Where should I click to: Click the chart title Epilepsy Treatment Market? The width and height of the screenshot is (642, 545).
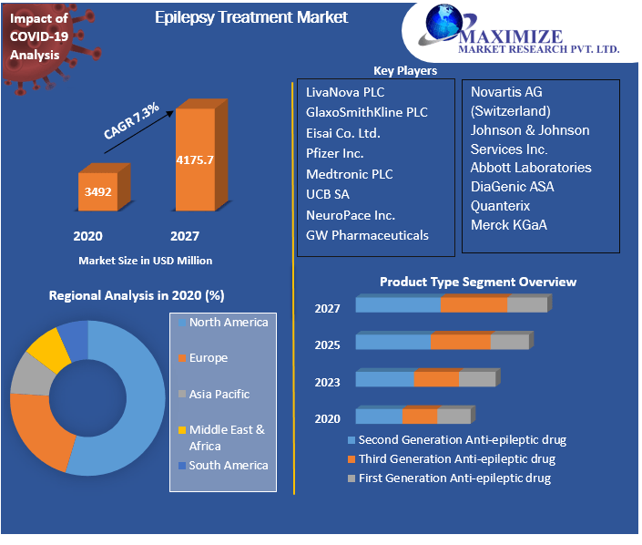[x=251, y=16]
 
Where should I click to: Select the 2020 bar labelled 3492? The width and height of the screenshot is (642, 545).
[x=98, y=192]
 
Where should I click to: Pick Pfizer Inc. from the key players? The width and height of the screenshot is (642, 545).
[x=334, y=153]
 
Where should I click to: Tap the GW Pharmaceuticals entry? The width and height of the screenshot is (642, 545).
[x=367, y=235]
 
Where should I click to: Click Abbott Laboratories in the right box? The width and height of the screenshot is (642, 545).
[x=531, y=168]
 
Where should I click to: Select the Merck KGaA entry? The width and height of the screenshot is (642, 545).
[x=508, y=224]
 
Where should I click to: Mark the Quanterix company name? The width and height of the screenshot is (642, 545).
[x=500, y=205]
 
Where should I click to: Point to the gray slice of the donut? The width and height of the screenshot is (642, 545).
[x=29, y=375]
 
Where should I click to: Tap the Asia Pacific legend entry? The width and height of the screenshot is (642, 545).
[x=219, y=394]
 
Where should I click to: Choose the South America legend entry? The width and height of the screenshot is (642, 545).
[x=228, y=465]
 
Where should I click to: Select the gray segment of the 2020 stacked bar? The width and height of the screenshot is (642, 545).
[x=453, y=416]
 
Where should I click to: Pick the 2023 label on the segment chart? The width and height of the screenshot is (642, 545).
[x=328, y=382]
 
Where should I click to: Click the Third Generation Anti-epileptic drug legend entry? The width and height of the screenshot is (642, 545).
[x=455, y=458]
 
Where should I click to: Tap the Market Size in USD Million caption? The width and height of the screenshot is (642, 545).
[x=145, y=261]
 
